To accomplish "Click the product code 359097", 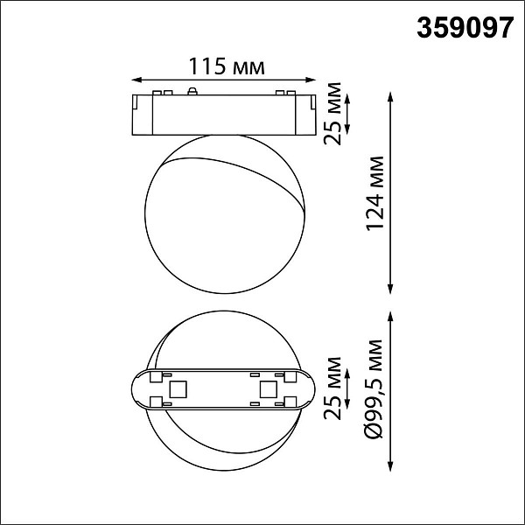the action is tap(465, 28).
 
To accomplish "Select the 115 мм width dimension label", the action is tap(227, 66).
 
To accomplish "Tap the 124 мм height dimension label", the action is tap(374, 193).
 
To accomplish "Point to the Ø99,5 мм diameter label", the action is tap(374, 388).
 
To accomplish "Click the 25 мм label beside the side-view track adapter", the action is tap(332, 113).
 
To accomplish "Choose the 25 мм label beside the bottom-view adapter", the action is tap(332, 388).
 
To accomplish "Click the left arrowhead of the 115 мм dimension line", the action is tap(136, 80).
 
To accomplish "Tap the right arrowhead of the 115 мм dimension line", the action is tap(311, 80).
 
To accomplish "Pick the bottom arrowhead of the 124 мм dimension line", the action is tap(390, 290).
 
